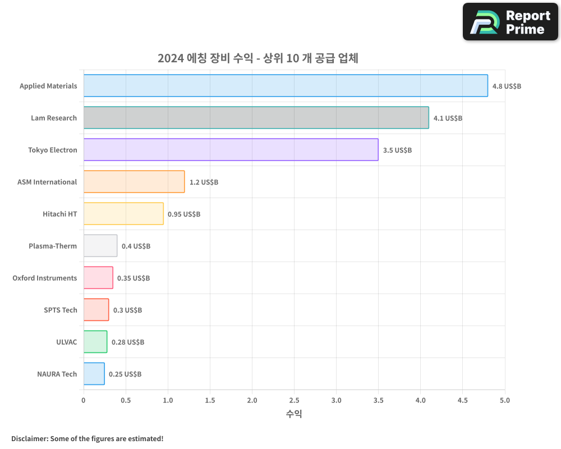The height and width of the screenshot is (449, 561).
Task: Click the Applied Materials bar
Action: point(286,86)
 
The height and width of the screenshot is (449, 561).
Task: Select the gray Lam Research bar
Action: point(256,118)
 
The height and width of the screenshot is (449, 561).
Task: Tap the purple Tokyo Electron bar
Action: point(231,150)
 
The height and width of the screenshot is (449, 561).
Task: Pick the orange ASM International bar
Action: point(134,182)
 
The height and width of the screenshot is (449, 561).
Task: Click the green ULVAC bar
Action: point(95,342)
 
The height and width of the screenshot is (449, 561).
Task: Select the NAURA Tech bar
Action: point(94,374)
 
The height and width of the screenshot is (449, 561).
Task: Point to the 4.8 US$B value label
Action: point(507,86)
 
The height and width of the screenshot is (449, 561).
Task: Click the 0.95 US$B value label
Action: point(184,214)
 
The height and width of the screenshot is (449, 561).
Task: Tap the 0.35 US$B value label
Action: point(134,278)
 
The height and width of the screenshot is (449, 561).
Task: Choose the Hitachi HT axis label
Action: point(59,214)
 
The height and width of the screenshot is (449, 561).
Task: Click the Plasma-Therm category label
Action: point(53,246)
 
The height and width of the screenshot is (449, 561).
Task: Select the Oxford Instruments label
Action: point(45,278)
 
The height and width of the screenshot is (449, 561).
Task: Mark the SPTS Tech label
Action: point(61,310)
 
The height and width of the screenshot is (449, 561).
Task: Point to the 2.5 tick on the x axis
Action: point(294,400)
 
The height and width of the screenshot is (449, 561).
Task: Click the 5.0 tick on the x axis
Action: point(505,400)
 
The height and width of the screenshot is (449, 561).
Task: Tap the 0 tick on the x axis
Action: point(84,400)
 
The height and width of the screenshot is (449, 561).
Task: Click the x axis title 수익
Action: point(294,414)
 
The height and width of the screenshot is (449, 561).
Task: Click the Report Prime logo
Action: point(510,22)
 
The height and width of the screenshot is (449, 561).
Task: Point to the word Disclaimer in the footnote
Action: point(29,438)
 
